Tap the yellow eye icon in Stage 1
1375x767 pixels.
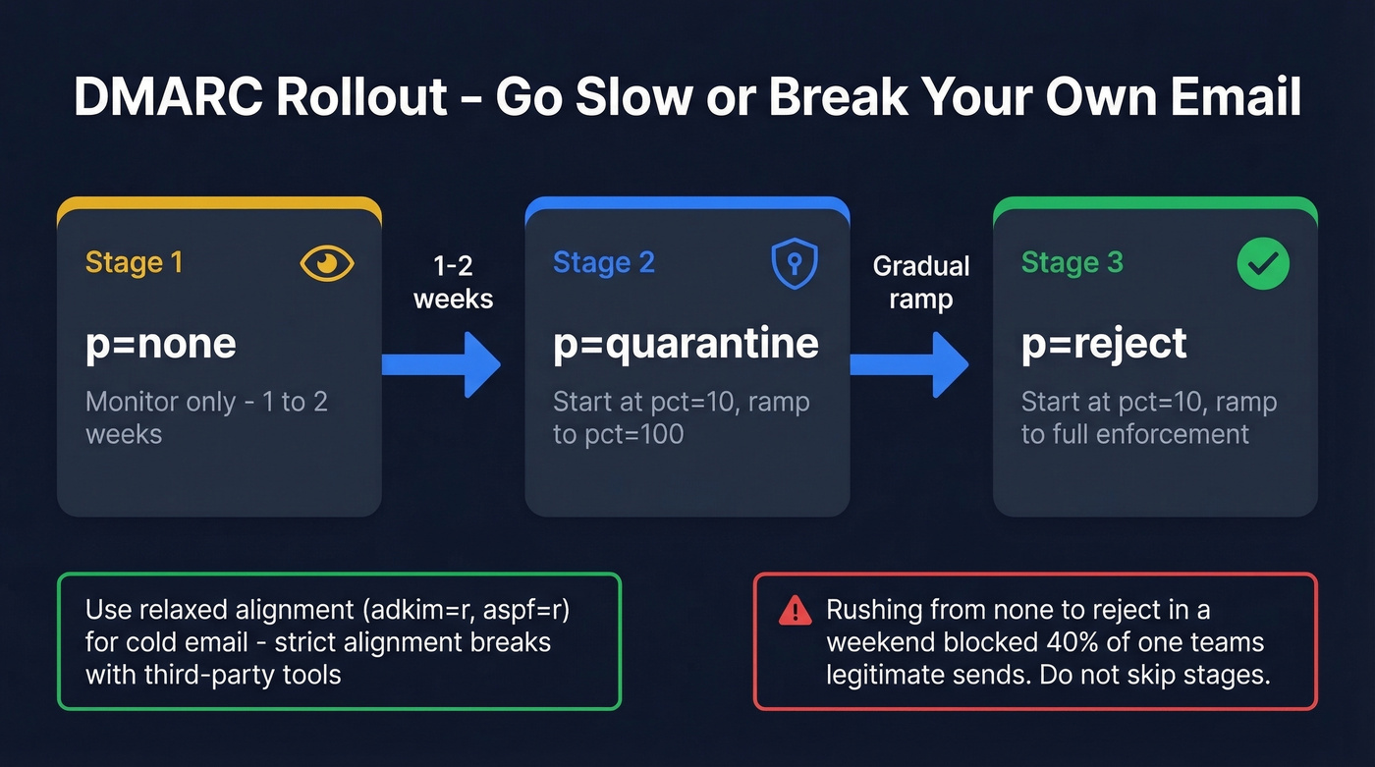(x=327, y=262)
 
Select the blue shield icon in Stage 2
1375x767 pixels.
(x=795, y=263)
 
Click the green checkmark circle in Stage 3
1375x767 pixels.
(x=1263, y=262)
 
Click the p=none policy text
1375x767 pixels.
(x=161, y=344)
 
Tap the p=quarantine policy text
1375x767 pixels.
(x=686, y=344)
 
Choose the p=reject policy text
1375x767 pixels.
(x=1104, y=344)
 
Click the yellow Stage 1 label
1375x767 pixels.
(x=134, y=262)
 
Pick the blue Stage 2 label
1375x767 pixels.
(x=603, y=262)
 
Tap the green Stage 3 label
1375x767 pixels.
(x=1071, y=262)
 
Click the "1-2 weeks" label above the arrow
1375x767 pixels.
(x=453, y=282)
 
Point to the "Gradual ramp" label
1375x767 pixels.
(x=921, y=282)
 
